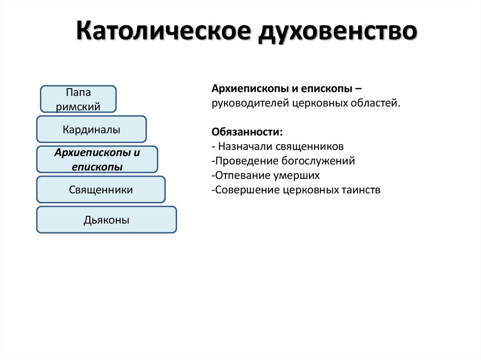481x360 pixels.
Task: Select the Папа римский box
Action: click(78, 99)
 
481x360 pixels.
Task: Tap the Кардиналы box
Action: click(92, 129)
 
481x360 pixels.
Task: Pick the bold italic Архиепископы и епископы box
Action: click(97, 159)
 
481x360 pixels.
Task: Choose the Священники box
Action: click(101, 190)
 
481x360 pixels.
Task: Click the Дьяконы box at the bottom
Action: click(107, 220)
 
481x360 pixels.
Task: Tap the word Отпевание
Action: click(237, 176)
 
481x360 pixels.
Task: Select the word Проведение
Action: click(239, 161)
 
